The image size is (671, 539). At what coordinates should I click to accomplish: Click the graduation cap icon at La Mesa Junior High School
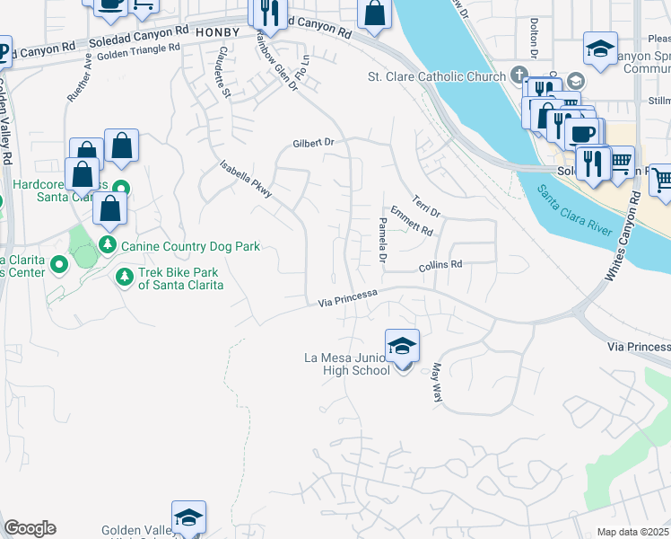pos(403,346)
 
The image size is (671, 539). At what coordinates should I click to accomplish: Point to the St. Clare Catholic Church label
pos(437,76)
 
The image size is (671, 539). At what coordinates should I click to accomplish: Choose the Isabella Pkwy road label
pos(246,179)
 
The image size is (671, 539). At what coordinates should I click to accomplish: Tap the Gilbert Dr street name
pos(312,143)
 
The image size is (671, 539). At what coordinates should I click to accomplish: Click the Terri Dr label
pos(426,206)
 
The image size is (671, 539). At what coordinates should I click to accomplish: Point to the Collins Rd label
pos(440,266)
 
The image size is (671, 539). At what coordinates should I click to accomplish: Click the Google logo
pos(30,528)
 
